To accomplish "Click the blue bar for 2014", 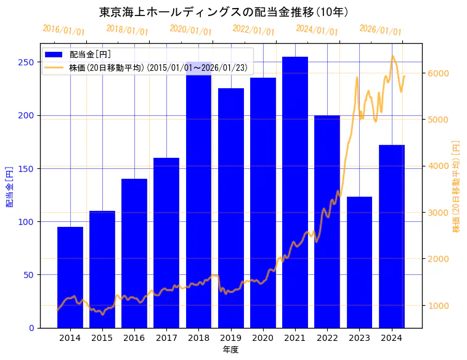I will (x=70, y=277).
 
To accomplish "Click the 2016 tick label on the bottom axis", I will (x=134, y=338).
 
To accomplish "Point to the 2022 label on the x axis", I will (x=327, y=338).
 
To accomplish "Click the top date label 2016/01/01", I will (x=63, y=30).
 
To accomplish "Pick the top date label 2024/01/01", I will (x=317, y=30).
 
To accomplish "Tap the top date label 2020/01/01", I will (x=190, y=30).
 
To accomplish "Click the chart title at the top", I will (x=224, y=12).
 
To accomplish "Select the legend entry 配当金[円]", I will (x=90, y=54).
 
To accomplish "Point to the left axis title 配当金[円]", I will (x=9, y=186).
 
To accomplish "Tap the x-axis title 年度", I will (x=230, y=350).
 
